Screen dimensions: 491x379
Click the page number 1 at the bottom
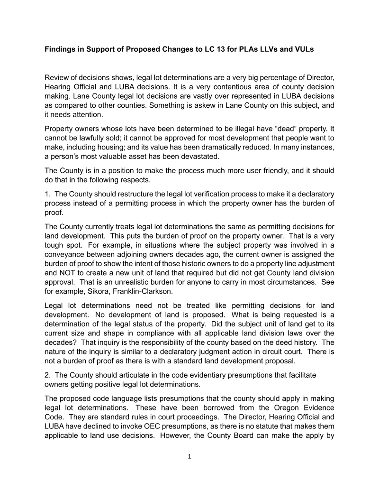(x=189, y=457)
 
